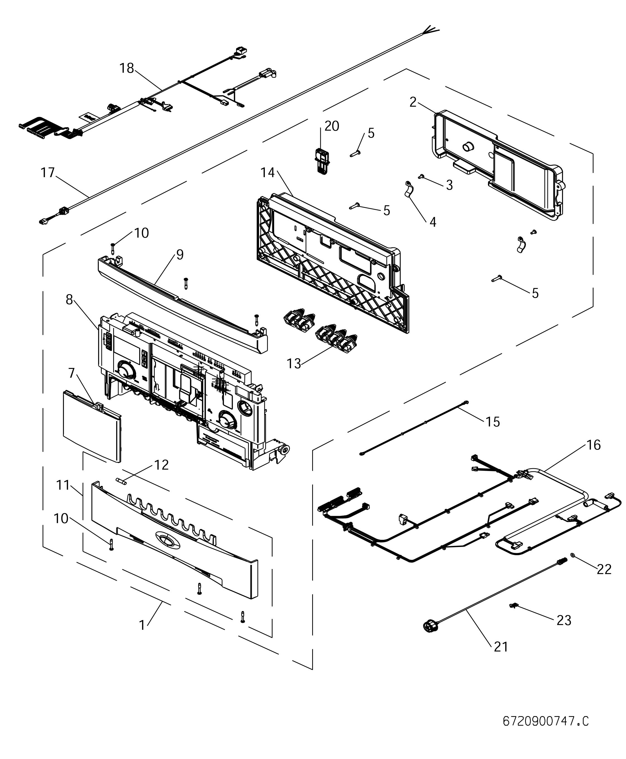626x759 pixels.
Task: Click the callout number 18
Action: (x=127, y=68)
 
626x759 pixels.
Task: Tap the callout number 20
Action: (x=332, y=126)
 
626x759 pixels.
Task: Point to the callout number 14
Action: (x=268, y=173)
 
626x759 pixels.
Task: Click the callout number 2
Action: (x=413, y=102)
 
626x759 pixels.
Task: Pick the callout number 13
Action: (x=293, y=364)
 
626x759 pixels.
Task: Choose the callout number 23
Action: (x=564, y=620)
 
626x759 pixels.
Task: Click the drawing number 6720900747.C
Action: (x=545, y=721)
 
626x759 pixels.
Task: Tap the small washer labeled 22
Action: (x=573, y=554)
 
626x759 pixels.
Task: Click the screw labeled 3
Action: (x=421, y=176)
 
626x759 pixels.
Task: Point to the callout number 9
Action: (x=179, y=255)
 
